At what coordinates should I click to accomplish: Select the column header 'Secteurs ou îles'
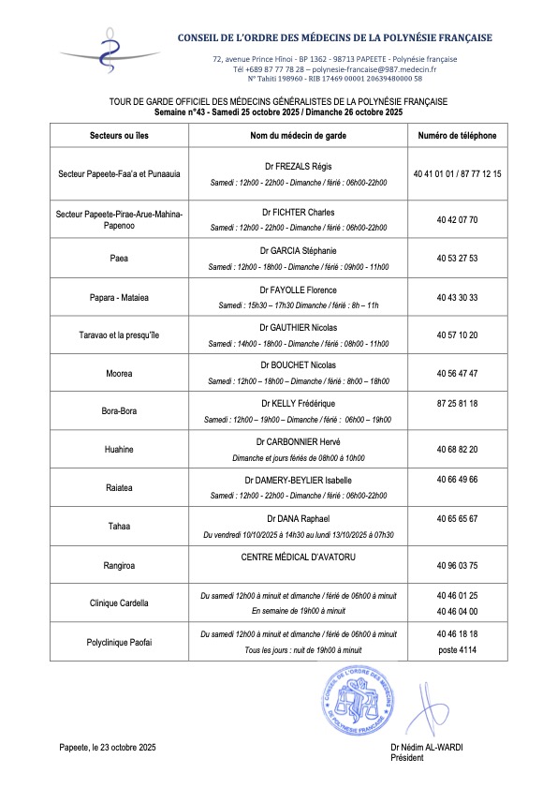(119, 136)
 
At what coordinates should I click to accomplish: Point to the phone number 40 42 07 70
(457, 219)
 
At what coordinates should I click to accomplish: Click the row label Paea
(119, 258)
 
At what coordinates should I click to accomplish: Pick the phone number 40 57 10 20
(457, 334)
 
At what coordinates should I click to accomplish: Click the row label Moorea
(119, 373)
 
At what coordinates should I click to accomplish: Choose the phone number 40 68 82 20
(457, 449)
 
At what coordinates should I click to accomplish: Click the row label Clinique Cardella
(119, 602)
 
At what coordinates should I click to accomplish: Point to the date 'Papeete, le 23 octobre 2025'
(107, 747)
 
